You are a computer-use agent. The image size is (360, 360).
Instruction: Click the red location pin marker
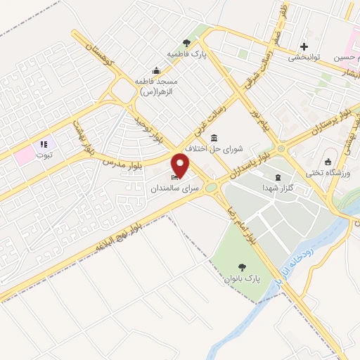(x=181, y=166)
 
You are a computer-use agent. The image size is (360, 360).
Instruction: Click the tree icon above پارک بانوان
(x=243, y=267)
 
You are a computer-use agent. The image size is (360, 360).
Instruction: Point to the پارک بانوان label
(x=243, y=279)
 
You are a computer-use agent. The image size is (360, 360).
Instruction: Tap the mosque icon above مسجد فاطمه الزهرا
(x=156, y=70)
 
